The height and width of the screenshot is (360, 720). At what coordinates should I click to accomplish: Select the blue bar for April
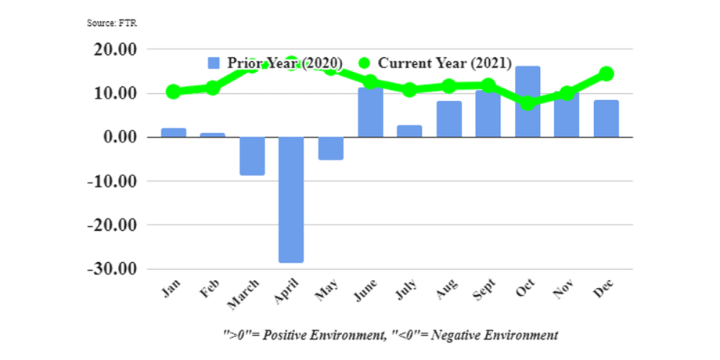pyautogui.click(x=291, y=200)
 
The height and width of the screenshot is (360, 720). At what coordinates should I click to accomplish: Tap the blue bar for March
pyautogui.click(x=252, y=156)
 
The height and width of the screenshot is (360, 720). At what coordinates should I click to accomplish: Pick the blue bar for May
pyautogui.click(x=330, y=148)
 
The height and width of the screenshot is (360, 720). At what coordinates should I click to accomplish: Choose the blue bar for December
pyautogui.click(x=606, y=118)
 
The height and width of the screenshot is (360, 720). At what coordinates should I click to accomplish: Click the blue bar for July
pyautogui.click(x=409, y=131)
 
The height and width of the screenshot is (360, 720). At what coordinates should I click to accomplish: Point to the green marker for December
pyautogui.click(x=606, y=74)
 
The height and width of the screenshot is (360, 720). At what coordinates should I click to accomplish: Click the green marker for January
pyautogui.click(x=174, y=92)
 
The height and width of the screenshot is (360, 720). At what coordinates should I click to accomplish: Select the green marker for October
pyautogui.click(x=527, y=103)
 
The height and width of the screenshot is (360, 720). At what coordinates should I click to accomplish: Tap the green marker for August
pyautogui.click(x=448, y=86)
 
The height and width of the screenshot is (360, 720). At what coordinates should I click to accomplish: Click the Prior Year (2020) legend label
pyautogui.click(x=285, y=63)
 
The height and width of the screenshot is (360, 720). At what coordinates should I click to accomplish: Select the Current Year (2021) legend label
pyautogui.click(x=445, y=63)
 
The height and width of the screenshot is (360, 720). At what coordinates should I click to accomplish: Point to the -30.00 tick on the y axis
pyautogui.click(x=115, y=268)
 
